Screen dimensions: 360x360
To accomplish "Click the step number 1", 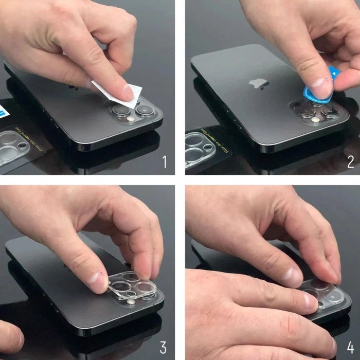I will pos(165,163).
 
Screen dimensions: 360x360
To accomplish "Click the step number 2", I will pos(350,163).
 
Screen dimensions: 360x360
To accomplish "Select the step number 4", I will pos(350,347).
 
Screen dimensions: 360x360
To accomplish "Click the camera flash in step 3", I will pos(132,303).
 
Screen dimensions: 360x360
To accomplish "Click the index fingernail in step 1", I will pos(127,93).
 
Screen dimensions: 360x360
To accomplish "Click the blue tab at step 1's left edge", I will pos(3,110).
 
